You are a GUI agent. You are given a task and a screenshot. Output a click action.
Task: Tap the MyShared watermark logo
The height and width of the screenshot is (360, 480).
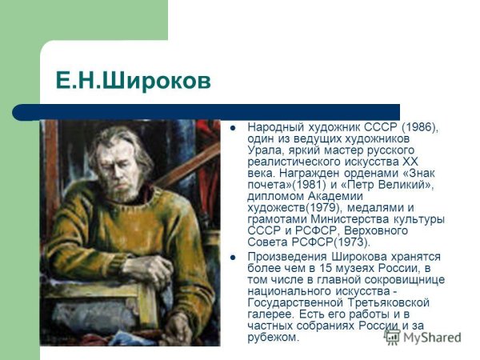[x=424, y=337]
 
